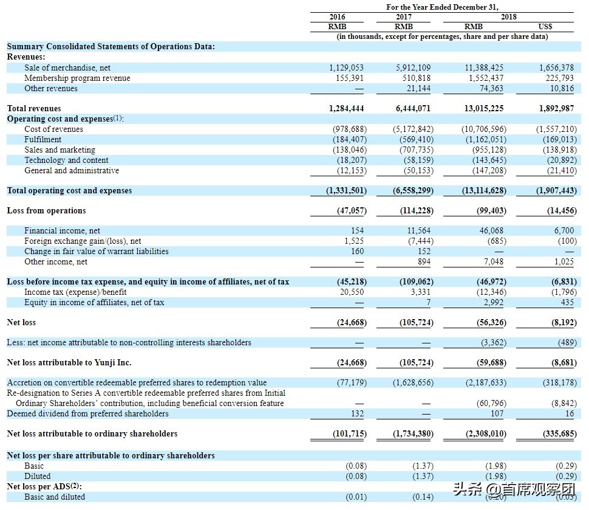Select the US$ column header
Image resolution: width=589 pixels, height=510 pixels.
point(545,27)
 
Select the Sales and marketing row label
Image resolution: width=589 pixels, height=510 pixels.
point(60,150)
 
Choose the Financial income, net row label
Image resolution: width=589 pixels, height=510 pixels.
point(62,230)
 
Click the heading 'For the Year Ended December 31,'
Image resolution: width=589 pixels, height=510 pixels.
point(442,7)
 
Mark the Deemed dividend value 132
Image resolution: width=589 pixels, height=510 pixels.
point(357,413)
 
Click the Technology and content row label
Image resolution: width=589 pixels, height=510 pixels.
point(66,160)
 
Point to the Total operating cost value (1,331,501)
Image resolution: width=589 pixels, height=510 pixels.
point(347,190)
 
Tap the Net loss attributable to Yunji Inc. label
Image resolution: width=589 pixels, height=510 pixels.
point(69,362)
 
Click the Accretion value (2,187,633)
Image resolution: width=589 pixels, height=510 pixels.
point(483,382)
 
